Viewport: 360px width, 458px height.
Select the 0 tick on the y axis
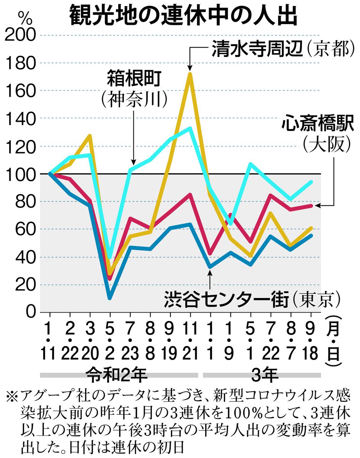pyautogui.click(x=31, y=313)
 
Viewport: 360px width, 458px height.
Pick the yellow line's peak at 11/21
pyautogui.click(x=190, y=73)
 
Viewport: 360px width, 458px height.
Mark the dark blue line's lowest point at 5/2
pyautogui.click(x=110, y=298)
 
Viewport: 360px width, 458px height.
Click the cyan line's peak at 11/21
pyautogui.click(x=190, y=128)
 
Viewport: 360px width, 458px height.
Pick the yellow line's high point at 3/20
pyautogui.click(x=90, y=135)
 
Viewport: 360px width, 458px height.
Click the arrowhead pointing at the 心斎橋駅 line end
pyautogui.click(x=317, y=206)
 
